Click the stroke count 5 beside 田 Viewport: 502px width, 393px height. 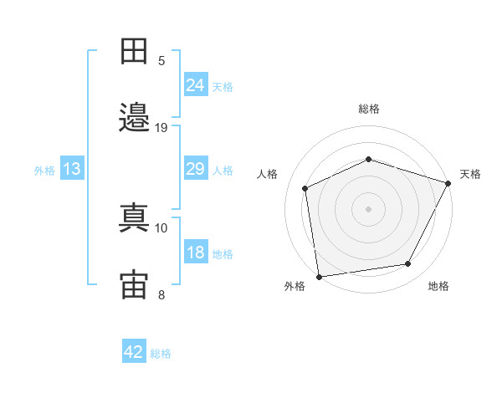pyautogui.click(x=161, y=61)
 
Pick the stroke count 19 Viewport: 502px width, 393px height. pyautogui.click(x=161, y=128)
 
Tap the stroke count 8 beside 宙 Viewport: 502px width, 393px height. pyautogui.click(x=161, y=294)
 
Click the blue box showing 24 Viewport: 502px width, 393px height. pyautogui.click(x=196, y=84)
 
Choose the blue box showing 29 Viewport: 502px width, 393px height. pyautogui.click(x=196, y=169)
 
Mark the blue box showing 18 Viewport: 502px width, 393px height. pyautogui.click(x=196, y=253)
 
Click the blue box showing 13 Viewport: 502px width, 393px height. pyautogui.click(x=72, y=169)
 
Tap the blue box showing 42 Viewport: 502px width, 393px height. pyautogui.click(x=134, y=352)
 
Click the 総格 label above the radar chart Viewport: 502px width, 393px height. pyautogui.click(x=369, y=109)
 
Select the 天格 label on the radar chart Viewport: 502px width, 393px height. pyautogui.click(x=470, y=174)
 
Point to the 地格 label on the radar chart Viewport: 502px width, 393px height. pyautogui.click(x=438, y=286)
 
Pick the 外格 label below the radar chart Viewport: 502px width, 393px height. pyautogui.click(x=295, y=286)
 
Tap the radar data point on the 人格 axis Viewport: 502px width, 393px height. pyautogui.click(x=305, y=188)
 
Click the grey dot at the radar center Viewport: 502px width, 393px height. pyautogui.click(x=369, y=208)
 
